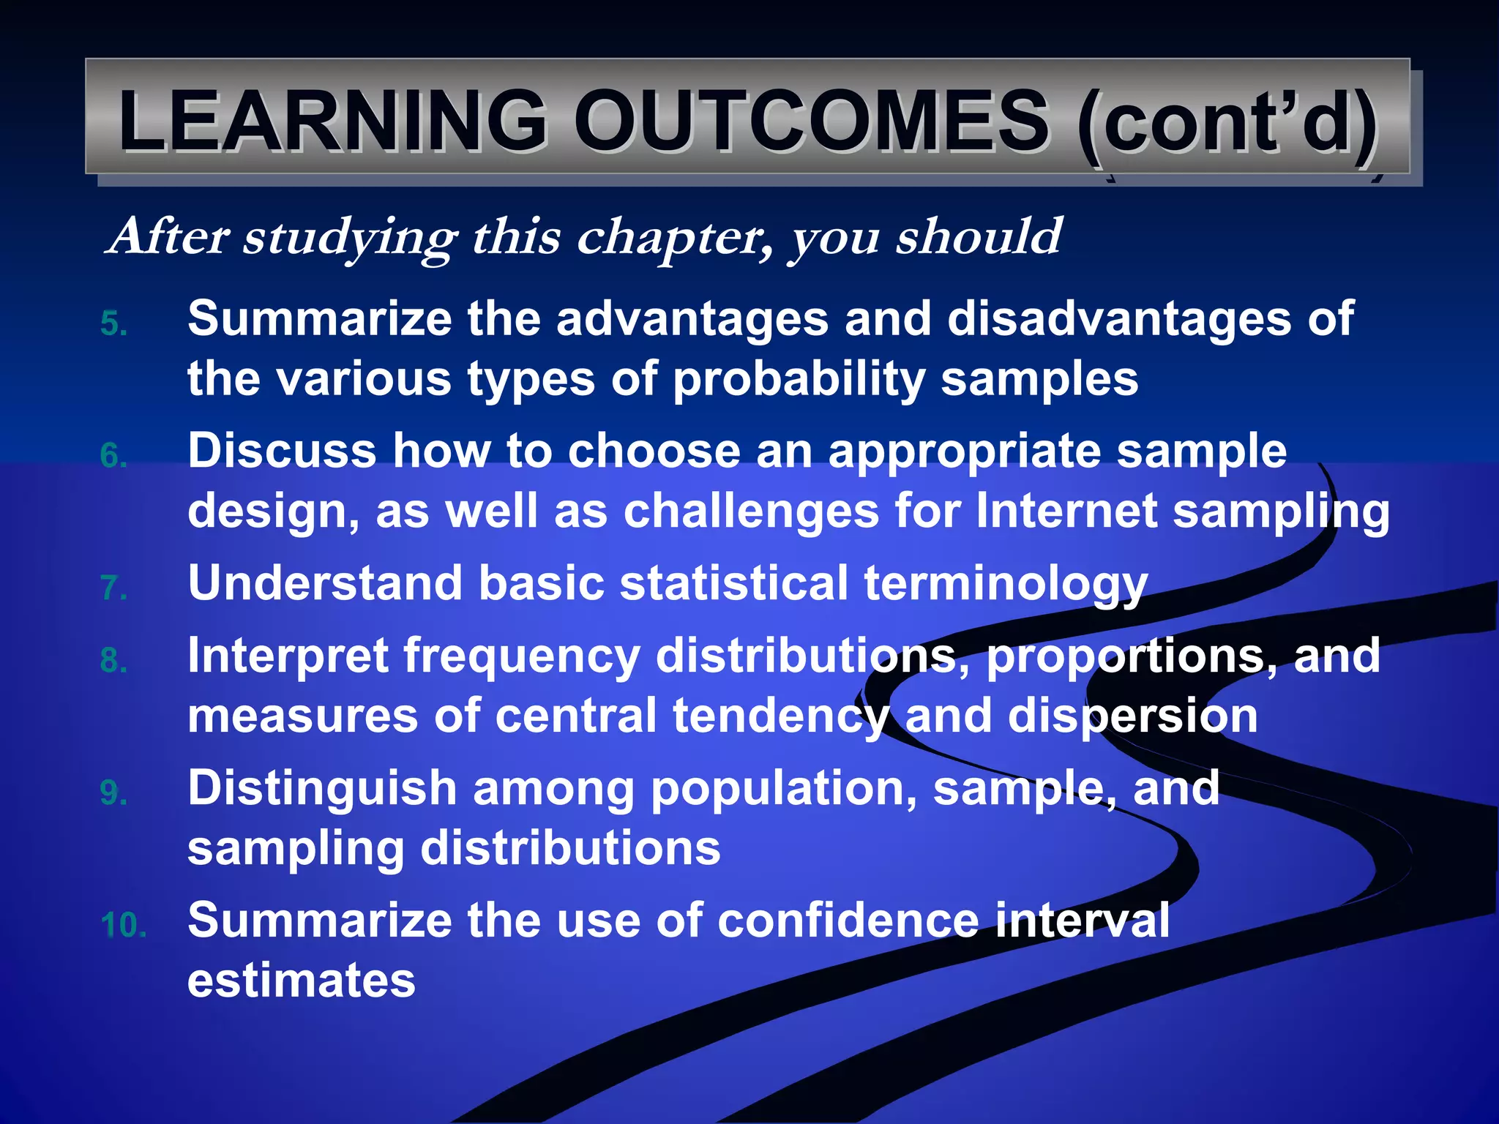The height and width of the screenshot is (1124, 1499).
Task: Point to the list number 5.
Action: point(113,324)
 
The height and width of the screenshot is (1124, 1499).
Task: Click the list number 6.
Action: point(113,456)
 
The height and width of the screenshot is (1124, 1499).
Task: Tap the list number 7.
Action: point(113,588)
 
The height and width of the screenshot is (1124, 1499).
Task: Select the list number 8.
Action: point(113,661)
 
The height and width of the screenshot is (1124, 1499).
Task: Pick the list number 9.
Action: point(113,793)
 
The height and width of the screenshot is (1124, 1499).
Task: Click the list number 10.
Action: point(123,926)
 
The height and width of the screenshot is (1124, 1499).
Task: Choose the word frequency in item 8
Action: point(522,657)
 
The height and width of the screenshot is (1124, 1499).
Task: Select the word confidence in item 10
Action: point(848,921)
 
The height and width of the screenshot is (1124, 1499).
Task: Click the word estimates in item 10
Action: point(302,981)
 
